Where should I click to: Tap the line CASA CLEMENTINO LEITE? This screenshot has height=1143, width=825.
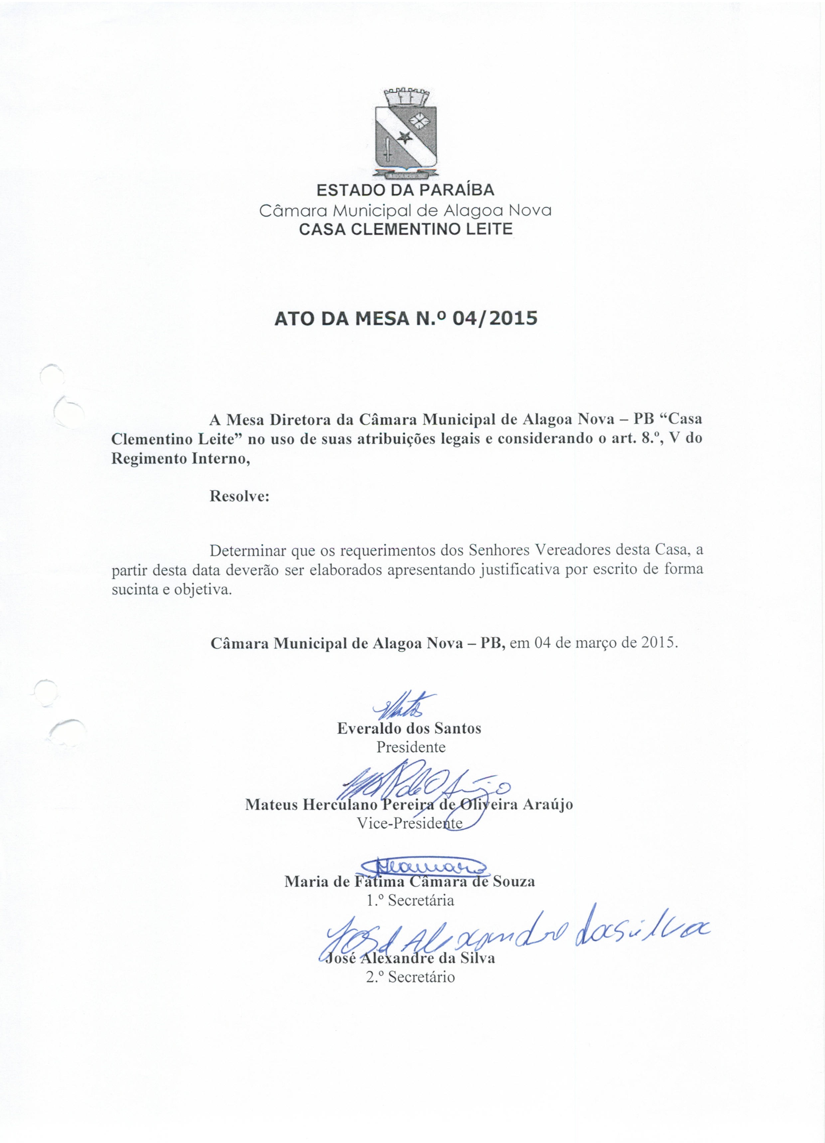[406, 229]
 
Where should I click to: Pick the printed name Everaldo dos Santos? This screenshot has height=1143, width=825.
[409, 728]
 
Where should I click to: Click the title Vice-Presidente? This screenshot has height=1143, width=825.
[410, 823]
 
